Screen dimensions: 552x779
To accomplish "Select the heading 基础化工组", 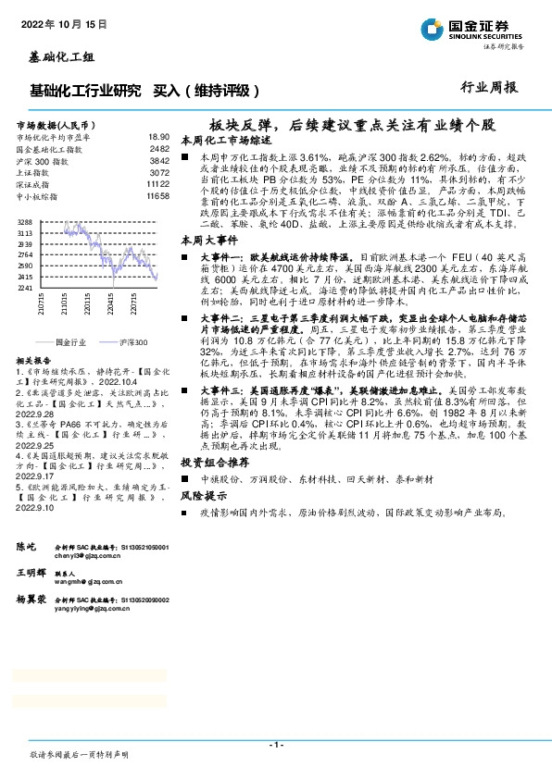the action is click(x=56, y=57).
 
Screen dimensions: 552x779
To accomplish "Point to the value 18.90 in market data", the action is click(x=158, y=135).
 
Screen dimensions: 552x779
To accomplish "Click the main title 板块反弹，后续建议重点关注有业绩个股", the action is click(x=352, y=123).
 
